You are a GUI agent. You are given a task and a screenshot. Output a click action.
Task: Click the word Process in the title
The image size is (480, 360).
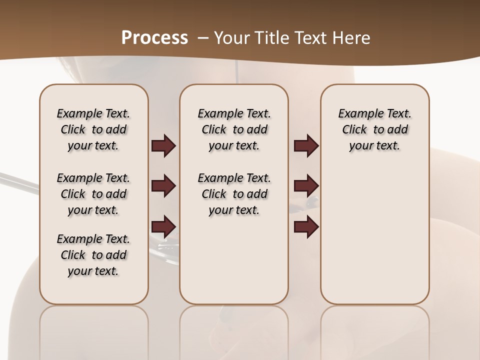point(154,37)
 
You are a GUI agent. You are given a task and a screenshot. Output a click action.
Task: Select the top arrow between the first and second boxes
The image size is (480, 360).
point(163,146)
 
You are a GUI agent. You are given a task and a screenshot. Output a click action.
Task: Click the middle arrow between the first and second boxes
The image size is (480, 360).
point(163,186)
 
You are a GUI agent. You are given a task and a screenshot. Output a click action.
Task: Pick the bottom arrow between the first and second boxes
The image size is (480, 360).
point(163,226)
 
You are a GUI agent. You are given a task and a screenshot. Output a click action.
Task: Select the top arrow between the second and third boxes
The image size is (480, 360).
point(306,146)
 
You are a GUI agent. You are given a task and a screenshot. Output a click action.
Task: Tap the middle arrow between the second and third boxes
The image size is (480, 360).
point(306,186)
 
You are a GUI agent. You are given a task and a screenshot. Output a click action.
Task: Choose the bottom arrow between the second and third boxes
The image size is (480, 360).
point(306,226)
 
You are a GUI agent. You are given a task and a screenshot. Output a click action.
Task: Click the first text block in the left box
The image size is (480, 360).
point(93,129)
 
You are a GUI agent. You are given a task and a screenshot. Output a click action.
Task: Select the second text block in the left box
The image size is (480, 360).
point(93,194)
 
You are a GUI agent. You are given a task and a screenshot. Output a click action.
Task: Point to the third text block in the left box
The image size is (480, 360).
point(93,255)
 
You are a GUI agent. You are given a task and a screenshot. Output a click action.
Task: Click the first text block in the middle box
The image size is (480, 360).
point(234,129)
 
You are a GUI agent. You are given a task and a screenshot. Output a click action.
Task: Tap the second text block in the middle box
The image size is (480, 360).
point(234,194)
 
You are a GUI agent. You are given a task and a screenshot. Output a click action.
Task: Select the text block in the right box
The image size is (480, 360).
point(374,129)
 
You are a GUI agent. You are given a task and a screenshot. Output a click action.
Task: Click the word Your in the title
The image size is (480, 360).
point(232,38)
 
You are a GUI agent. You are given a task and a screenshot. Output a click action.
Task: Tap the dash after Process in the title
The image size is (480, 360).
point(203,38)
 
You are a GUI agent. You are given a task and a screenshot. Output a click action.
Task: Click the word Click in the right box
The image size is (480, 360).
point(354,130)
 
